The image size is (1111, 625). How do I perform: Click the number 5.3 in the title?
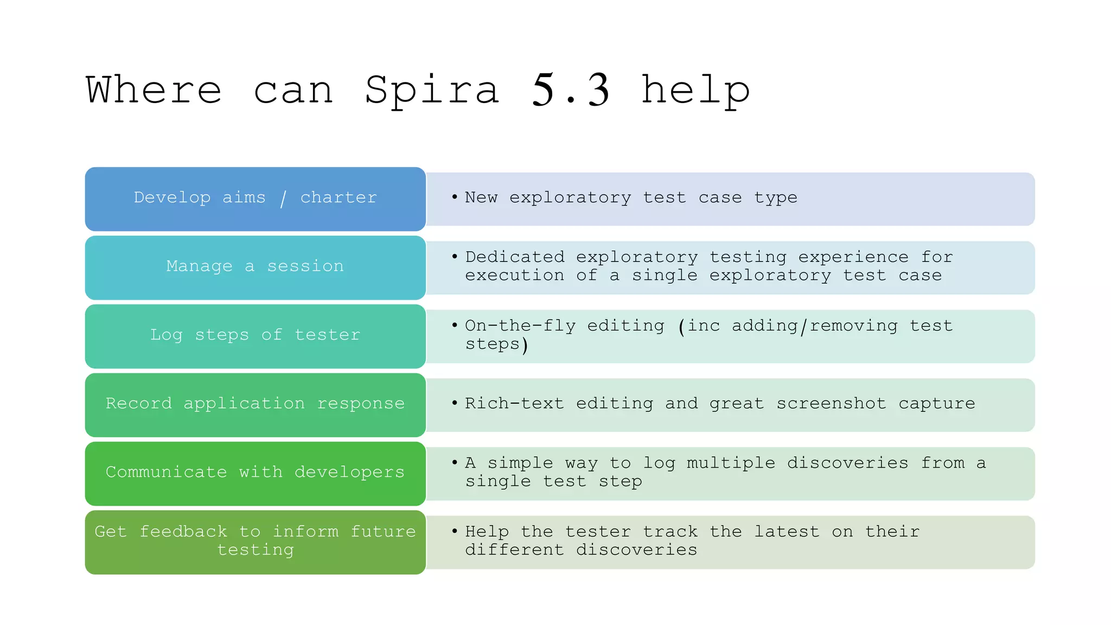tap(571, 90)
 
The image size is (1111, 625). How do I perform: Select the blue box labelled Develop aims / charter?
tap(255, 199)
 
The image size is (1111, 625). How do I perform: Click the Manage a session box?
tap(255, 267)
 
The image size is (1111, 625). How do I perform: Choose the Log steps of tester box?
tap(255, 336)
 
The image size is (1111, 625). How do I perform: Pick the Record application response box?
tap(255, 404)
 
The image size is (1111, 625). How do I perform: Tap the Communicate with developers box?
tap(255, 473)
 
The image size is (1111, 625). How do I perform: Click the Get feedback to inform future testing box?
tap(255, 541)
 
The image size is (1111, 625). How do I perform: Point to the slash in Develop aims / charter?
tap(283, 199)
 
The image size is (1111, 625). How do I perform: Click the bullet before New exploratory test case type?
tap(455, 196)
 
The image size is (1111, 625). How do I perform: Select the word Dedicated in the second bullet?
tap(515, 257)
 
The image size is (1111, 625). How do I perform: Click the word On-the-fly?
tap(520, 326)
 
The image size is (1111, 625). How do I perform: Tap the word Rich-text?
tap(514, 403)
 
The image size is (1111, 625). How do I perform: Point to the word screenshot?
tap(831, 403)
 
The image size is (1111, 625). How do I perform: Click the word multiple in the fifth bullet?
tap(731, 463)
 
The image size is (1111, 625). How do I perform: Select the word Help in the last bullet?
tap(487, 532)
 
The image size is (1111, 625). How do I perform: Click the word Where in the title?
tap(154, 90)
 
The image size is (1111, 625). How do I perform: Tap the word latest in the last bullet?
tap(787, 532)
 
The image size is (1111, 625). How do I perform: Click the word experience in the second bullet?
tap(853, 257)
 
